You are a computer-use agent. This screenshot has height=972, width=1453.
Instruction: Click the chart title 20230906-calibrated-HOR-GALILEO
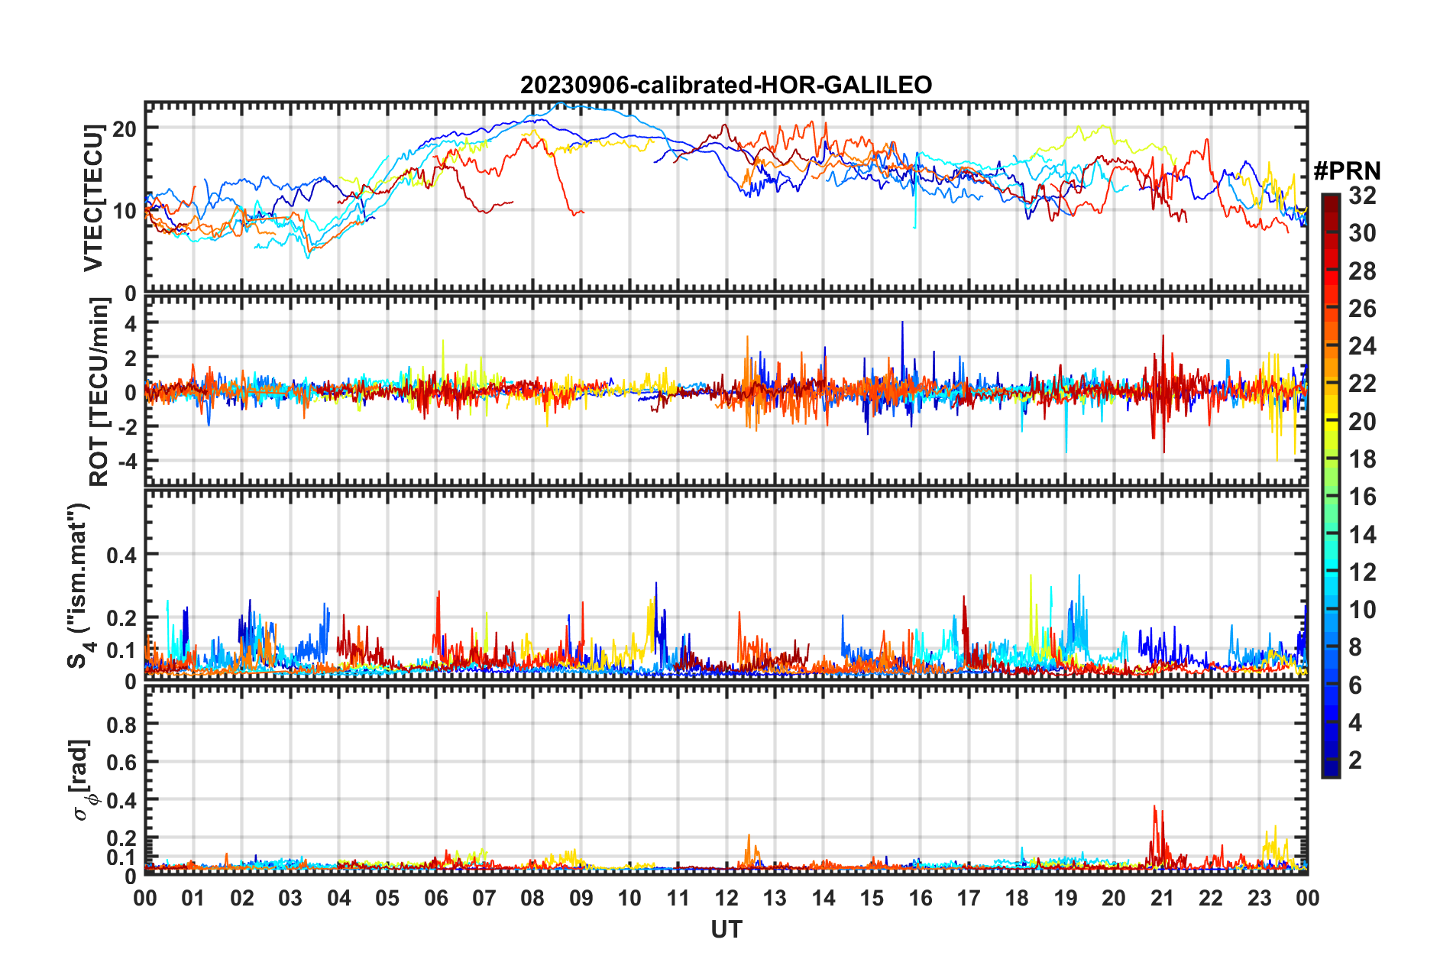pos(726,85)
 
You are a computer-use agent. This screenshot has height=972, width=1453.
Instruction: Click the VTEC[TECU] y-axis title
pos(93,197)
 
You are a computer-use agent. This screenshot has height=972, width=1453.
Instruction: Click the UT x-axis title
pos(726,929)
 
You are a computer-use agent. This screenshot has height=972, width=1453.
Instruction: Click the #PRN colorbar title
pos(1347,170)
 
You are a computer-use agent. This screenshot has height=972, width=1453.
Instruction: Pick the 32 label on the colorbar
pos(1362,196)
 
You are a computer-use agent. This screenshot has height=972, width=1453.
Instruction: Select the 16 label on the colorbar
pos(1362,497)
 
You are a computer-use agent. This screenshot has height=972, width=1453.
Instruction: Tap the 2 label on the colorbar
pos(1355,760)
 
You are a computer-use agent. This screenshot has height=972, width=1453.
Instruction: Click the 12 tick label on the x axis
pos(726,898)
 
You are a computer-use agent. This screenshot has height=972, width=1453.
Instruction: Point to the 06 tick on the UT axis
pos(435,898)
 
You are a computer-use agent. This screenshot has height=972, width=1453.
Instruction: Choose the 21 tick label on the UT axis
pos(1162,898)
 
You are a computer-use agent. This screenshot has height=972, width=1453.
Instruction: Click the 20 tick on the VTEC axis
pos(125,128)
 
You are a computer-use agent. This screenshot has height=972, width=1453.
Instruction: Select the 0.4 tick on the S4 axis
pos(121,555)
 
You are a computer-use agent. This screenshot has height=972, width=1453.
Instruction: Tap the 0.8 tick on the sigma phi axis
pos(121,724)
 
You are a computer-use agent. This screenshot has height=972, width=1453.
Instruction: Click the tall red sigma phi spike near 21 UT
pos(1155,808)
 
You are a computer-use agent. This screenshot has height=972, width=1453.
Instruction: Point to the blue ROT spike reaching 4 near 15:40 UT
pos(902,324)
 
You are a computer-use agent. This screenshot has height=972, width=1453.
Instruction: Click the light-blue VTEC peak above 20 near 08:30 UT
pos(561,103)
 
